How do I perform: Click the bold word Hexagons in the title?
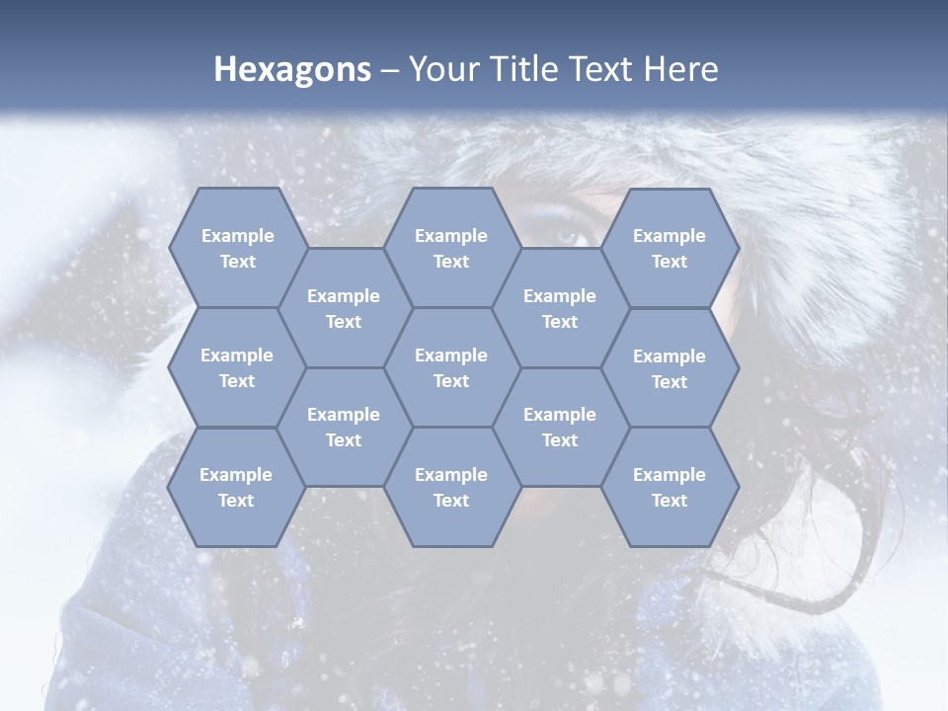292,69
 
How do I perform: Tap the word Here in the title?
680,69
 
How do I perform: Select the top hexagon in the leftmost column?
237,248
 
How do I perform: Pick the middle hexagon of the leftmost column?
237,367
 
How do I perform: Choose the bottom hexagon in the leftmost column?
237,487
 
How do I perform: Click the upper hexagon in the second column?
344,308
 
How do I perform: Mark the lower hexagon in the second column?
344,427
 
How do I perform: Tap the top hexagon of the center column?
451,248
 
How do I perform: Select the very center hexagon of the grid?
451,367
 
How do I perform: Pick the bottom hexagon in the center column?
451,487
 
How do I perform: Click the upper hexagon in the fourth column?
560,308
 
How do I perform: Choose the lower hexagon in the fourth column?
560,427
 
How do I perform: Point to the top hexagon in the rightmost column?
670,248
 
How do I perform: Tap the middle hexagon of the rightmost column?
670,368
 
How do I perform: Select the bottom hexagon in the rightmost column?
670,487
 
